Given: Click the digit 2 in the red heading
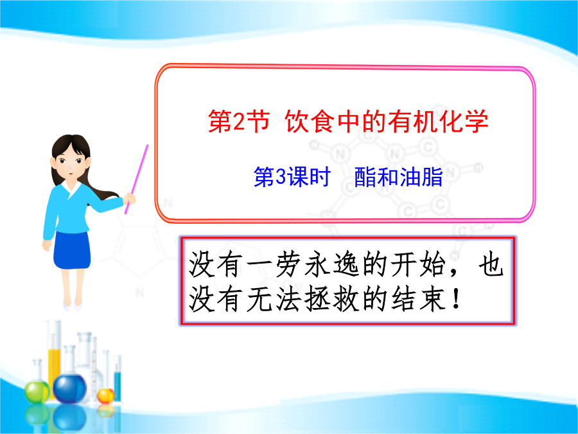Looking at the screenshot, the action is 239,122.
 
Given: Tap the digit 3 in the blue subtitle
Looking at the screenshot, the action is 281,176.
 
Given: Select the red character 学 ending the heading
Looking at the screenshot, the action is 477,122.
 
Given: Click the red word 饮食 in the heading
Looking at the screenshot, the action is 310,122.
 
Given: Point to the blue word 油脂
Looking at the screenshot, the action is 421,177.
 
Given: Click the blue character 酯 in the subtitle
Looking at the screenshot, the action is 365,177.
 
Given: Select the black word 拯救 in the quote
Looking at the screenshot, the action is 332,299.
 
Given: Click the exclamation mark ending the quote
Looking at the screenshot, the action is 457,299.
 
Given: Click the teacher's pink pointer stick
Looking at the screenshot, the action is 136,179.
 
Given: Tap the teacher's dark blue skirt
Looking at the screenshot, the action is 72,250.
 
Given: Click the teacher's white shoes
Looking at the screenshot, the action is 72,305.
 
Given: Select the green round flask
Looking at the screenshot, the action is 37,392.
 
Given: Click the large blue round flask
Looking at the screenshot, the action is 69,388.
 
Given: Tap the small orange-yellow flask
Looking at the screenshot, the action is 105,395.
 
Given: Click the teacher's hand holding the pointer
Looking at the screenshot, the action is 129,199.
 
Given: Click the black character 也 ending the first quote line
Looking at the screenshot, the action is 491,265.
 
